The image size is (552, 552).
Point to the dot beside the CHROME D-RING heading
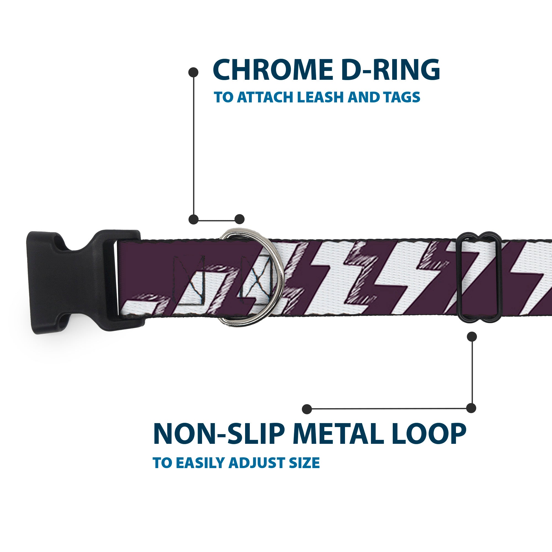tap(193, 72)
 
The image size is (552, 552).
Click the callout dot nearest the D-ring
tap(239, 219)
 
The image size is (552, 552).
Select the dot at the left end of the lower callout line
tap(307, 409)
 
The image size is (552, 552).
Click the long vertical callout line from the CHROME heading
tap(194, 146)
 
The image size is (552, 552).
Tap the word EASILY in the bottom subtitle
tap(201, 463)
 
